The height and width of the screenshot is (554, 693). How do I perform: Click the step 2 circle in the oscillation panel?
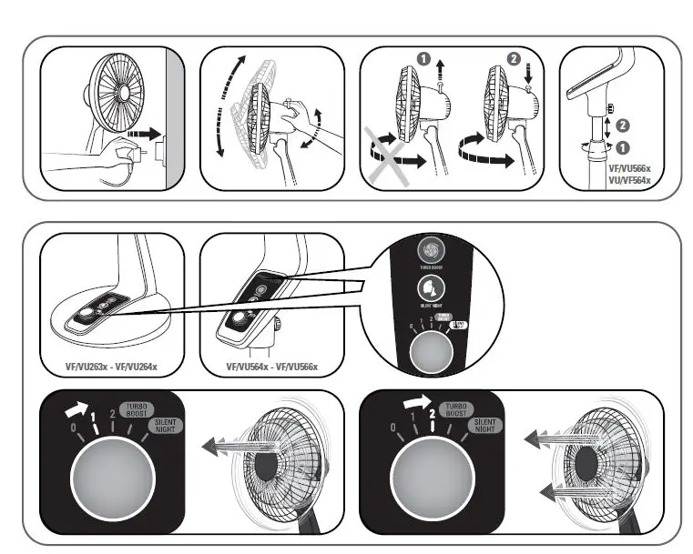[512, 57]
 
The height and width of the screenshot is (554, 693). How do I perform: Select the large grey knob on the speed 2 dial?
[426, 479]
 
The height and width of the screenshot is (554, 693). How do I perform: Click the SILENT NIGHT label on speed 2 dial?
[486, 427]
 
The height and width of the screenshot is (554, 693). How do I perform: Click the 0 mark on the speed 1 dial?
[62, 428]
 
